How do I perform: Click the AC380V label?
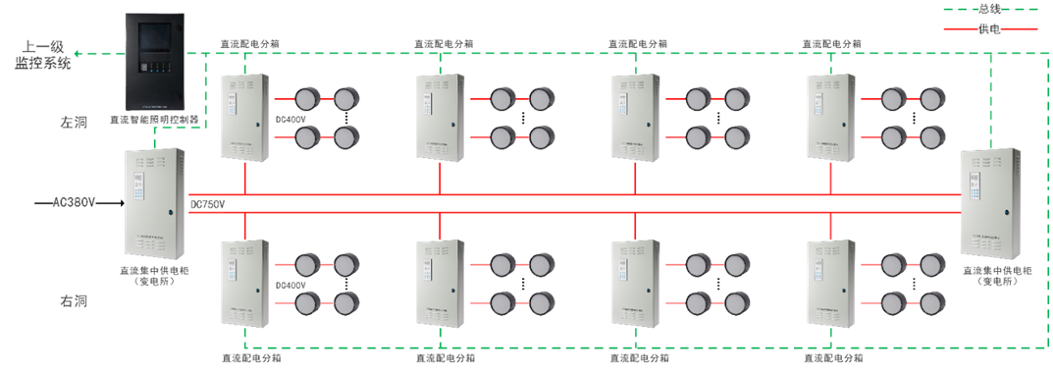(74, 203)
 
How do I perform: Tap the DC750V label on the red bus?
(207, 204)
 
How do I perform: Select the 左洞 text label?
(74, 123)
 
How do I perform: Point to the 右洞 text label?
(74, 301)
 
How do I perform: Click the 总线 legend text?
(989, 9)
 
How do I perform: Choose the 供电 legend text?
(989, 29)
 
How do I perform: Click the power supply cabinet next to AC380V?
(154, 202)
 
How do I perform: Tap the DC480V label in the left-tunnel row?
(290, 125)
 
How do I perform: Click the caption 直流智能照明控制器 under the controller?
(168, 120)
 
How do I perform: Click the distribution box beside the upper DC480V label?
(244, 119)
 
